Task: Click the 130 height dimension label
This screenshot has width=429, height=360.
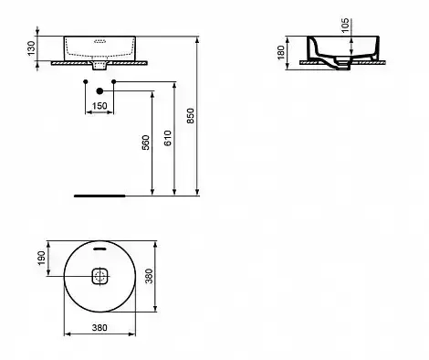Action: pos(32,48)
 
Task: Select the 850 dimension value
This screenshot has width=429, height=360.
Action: pos(190,116)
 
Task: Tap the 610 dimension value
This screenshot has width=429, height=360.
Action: pos(168,138)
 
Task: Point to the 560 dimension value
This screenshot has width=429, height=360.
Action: pos(146,143)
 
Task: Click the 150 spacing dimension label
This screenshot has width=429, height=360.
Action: pos(99,106)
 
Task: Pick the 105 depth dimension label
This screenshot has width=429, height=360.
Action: pos(345,26)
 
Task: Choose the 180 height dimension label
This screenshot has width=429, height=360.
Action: pos(281,52)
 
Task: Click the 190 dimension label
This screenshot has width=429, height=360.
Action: pos(41,259)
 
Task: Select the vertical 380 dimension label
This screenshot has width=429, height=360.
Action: pos(149,276)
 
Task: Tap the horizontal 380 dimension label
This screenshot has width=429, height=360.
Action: pos(99,328)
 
